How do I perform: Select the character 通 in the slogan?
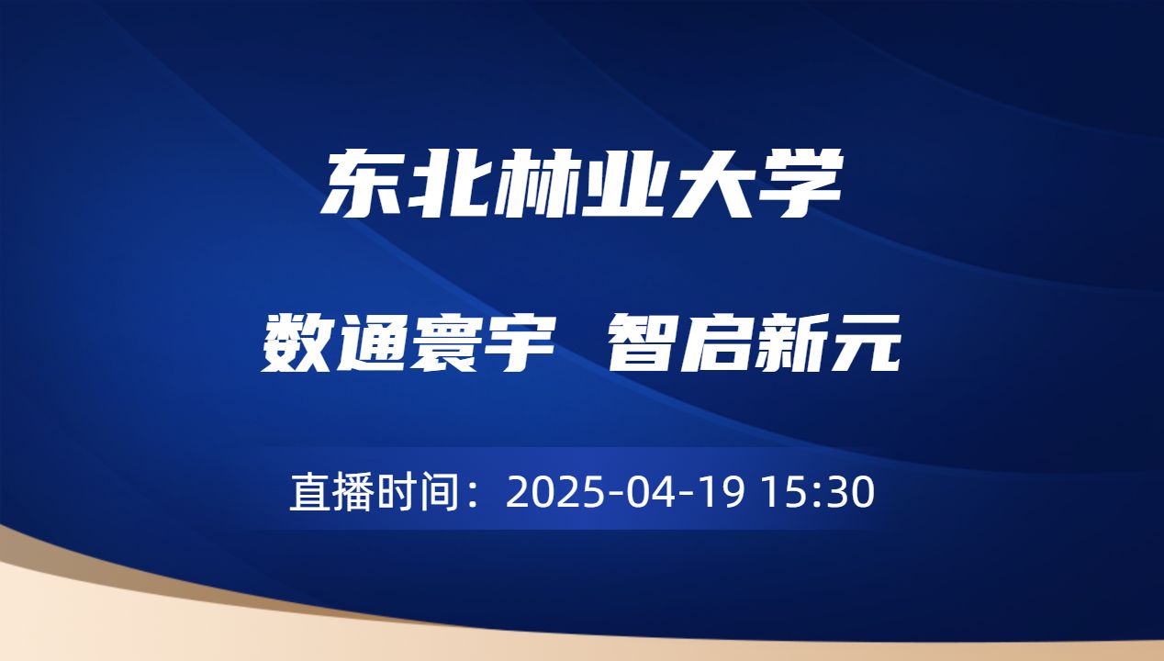(x=372, y=342)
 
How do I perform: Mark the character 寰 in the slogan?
(x=446, y=342)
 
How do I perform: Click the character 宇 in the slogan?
(x=520, y=342)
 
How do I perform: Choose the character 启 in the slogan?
(x=716, y=342)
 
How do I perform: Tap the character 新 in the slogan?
(x=789, y=342)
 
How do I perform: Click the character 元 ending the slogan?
(x=864, y=342)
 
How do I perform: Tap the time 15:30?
(x=823, y=493)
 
